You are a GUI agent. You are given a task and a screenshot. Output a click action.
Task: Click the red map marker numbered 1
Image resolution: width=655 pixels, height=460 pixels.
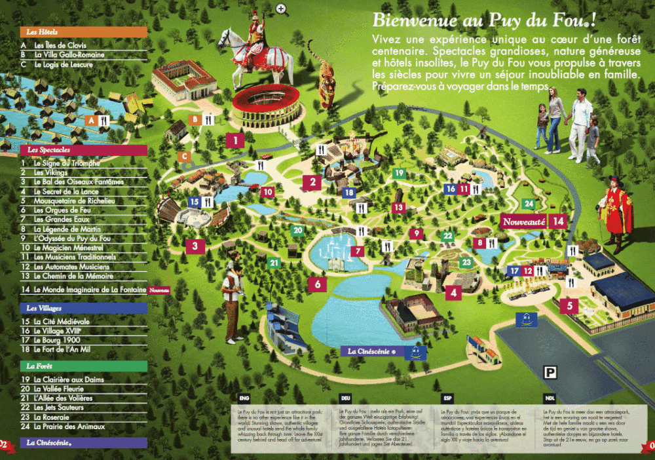[234, 140]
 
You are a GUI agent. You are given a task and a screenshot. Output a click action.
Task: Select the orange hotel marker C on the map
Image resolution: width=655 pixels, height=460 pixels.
[185, 156]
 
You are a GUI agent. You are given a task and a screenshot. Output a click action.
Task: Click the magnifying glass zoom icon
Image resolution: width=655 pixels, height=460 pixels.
[282, 9]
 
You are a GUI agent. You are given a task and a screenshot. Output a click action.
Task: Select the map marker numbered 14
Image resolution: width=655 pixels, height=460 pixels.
[558, 221]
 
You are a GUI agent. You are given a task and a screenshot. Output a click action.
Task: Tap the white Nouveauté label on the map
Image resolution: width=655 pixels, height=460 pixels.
[523, 221]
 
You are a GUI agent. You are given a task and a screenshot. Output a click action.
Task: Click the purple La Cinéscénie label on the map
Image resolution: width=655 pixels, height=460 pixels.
[372, 351]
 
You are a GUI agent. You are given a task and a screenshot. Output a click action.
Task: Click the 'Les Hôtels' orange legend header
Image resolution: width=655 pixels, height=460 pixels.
[83, 31]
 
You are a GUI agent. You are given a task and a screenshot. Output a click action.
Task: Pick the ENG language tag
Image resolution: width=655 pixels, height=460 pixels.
[244, 398]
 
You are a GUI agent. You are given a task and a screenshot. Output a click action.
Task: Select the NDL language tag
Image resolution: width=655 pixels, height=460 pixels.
[549, 398]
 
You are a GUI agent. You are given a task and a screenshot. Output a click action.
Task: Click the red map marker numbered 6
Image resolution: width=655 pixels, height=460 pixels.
[317, 284]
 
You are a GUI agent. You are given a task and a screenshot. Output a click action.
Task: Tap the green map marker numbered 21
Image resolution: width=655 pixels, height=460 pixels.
[274, 263]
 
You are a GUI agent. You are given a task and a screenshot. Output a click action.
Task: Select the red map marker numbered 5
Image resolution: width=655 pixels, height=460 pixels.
[569, 305]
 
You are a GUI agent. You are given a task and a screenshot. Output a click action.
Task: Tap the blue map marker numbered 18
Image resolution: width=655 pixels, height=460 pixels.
[348, 193]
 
